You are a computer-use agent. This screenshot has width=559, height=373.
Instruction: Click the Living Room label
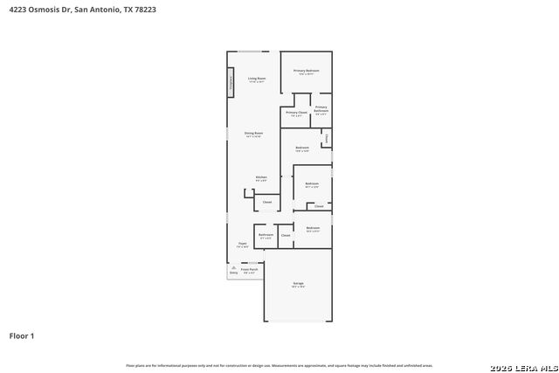[256, 79]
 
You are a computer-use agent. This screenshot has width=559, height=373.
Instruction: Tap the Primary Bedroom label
[306, 70]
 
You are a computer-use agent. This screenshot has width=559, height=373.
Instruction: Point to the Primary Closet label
[296, 112]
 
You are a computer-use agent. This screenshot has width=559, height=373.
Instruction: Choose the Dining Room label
[254, 133]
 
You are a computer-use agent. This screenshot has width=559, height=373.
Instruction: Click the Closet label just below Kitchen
[267, 202]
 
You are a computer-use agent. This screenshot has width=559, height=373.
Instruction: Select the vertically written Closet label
[327, 138]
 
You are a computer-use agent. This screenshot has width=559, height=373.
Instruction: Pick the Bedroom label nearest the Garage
[313, 228]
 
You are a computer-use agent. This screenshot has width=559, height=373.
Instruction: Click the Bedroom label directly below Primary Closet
[302, 148]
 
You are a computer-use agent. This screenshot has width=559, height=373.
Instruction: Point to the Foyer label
[242, 245]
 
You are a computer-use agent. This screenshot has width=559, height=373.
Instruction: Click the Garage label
[298, 284]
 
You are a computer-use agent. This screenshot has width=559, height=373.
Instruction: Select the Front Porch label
[249, 270]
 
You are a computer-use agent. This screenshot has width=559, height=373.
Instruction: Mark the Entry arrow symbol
[233, 268]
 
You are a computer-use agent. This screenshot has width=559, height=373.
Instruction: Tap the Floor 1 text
[22, 335]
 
